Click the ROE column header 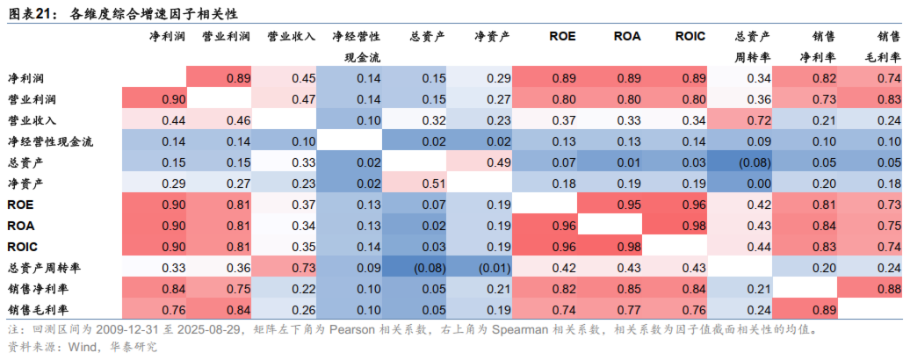pyautogui.click(x=563, y=37)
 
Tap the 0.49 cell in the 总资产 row pyautogui.click(x=498, y=162)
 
